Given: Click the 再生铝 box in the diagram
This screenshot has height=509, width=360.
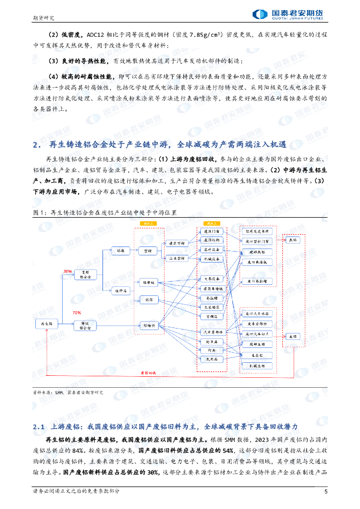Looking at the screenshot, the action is pos(47,324).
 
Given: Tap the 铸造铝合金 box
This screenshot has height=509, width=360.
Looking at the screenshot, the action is pos(85,326).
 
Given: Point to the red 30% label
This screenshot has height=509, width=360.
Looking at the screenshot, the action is pos(68,271).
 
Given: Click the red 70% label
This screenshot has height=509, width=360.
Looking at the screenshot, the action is pos(76,313).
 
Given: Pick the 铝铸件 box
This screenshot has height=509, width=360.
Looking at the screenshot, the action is pos(150,326).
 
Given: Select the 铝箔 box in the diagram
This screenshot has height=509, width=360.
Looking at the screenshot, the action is pos(149,300).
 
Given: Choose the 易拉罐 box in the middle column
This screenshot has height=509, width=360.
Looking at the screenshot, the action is pos(211,298).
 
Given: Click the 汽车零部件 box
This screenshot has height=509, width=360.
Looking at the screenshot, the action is pos(211,332).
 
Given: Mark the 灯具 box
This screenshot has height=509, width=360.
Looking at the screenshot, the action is pos(211,350).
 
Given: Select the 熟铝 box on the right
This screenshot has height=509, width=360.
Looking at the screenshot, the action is pos(293,240).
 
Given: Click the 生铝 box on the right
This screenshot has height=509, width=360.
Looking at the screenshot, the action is pos(293,337).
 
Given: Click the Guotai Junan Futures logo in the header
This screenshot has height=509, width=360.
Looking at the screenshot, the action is pos(288,15).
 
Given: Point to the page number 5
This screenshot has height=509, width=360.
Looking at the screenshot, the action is pos(326,492).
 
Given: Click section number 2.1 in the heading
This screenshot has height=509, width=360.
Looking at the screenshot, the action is pos(39,427).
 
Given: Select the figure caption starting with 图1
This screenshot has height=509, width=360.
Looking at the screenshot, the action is pos(104,212).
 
